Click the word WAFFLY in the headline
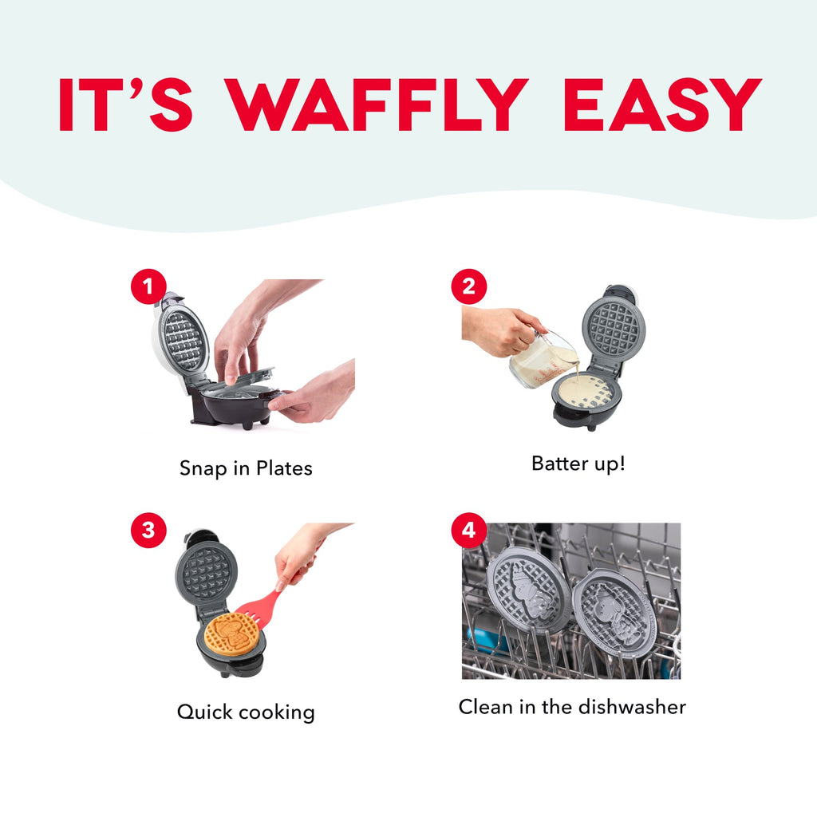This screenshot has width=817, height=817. [378, 105]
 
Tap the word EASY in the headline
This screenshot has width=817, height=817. [662, 105]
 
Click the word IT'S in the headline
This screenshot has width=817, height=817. [125, 105]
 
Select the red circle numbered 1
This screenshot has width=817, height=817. [148, 286]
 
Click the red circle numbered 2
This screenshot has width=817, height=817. [469, 286]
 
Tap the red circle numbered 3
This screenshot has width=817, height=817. [148, 531]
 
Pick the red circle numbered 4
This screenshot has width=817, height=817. [469, 531]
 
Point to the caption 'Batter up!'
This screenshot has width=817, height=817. [578, 464]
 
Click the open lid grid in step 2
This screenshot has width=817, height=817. [614, 327]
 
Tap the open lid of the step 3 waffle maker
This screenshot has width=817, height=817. [207, 573]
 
